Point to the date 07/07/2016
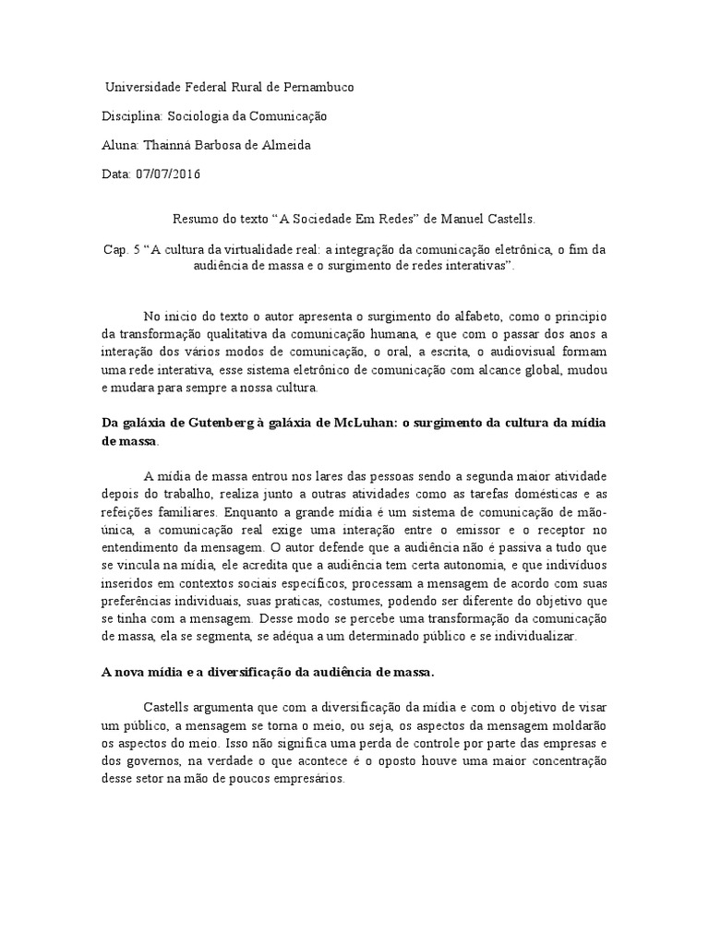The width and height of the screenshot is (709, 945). tap(167, 174)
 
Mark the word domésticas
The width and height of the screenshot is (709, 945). tap(529, 494)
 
